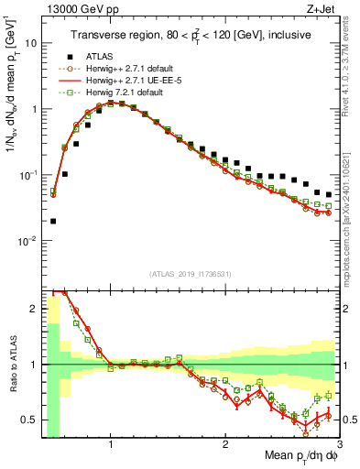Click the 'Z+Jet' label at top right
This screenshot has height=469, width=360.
tap(321, 9)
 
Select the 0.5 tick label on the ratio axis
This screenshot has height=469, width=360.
tap(28, 420)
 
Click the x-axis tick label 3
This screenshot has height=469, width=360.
tap(339, 443)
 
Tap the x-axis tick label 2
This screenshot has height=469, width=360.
tap(225, 443)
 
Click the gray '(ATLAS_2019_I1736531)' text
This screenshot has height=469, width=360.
tap(191, 274)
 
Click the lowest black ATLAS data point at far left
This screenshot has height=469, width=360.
tap(53, 221)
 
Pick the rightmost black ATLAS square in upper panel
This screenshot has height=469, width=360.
tap(329, 194)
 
